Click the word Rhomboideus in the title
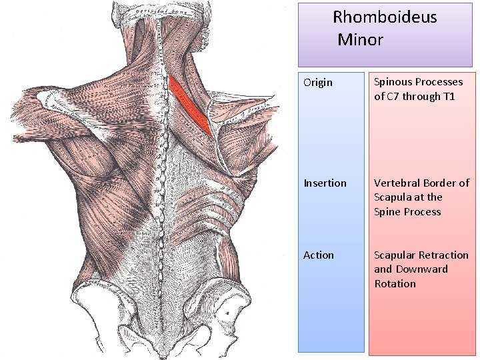click(x=385, y=17)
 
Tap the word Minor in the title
click(x=360, y=40)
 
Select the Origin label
click(x=318, y=83)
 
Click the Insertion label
click(x=325, y=183)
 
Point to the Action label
click(x=319, y=255)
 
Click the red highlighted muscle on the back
click(x=191, y=105)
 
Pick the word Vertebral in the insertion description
click(x=397, y=183)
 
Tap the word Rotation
click(x=395, y=284)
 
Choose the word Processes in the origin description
click(x=440, y=83)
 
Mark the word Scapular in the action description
click(x=395, y=255)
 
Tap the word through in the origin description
click(x=423, y=97)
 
